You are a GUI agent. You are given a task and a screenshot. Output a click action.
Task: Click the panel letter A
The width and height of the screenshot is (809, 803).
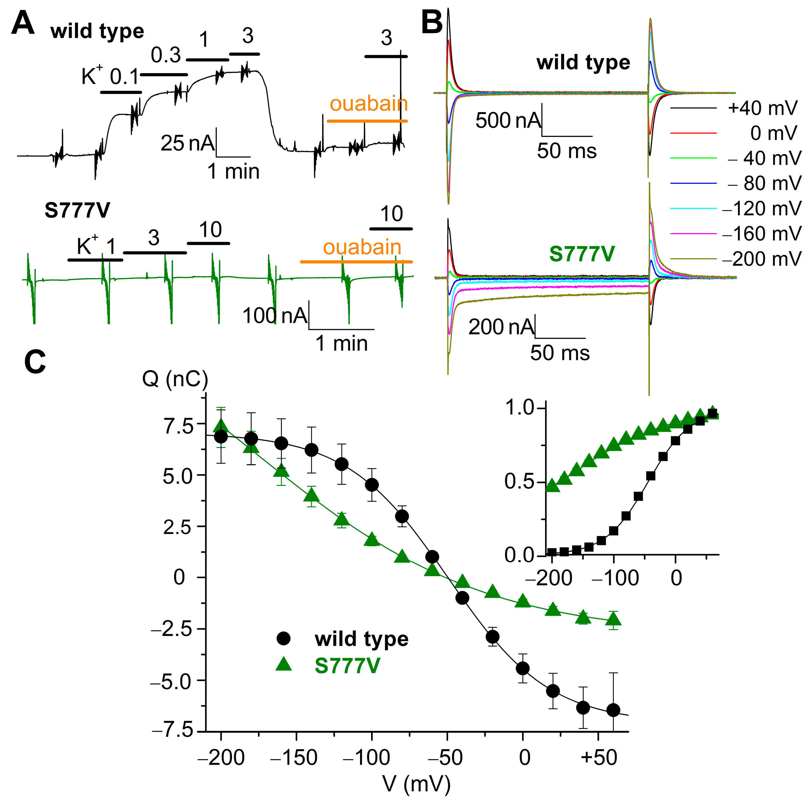[23, 24]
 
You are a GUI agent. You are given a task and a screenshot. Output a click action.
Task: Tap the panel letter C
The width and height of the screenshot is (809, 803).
[35, 362]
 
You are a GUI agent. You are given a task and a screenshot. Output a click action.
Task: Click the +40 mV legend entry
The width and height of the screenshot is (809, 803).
[762, 108]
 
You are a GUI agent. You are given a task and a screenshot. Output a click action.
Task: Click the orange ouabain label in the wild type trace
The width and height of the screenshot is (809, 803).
[368, 104]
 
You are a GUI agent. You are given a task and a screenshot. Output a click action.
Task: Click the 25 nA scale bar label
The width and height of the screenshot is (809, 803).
[187, 143]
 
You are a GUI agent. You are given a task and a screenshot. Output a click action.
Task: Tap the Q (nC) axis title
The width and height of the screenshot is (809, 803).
[175, 379]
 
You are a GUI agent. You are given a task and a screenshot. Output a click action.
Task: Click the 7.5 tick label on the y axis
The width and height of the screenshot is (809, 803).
[179, 427]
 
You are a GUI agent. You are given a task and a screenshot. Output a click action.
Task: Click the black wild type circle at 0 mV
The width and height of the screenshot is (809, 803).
[523, 668]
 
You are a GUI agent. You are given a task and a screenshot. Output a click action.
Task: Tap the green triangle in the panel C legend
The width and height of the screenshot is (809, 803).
[284, 663]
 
